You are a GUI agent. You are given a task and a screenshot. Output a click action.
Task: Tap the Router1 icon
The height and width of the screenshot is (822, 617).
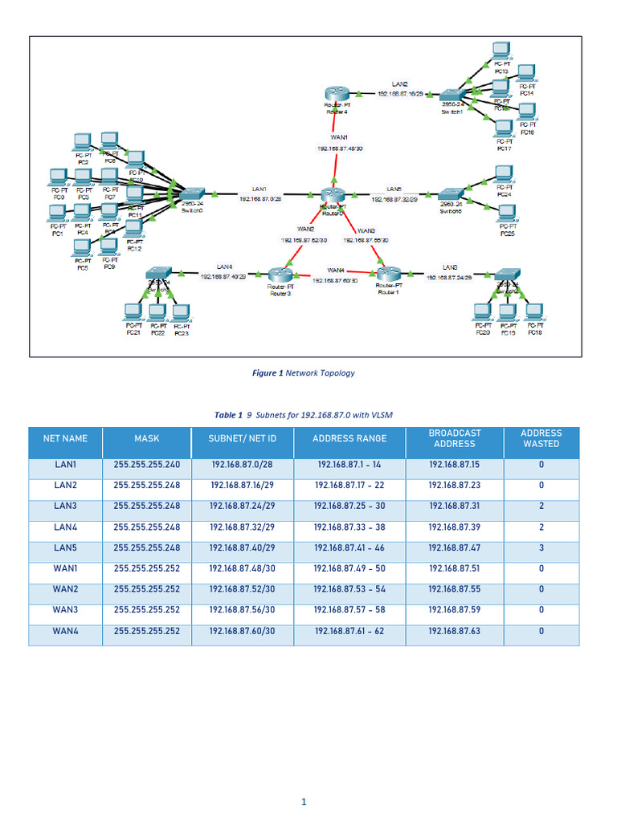pyautogui.click(x=388, y=275)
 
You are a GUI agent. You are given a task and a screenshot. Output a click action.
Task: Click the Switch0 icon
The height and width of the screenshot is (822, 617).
pyautogui.click(x=192, y=194)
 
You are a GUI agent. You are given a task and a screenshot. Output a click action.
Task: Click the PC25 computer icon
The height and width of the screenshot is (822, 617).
pyautogui.click(x=506, y=214)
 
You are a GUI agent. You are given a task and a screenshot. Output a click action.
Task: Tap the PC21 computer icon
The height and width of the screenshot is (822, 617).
pyautogui.click(x=133, y=311)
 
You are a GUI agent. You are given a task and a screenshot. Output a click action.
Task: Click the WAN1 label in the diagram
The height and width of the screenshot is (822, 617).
pyautogui.click(x=339, y=137)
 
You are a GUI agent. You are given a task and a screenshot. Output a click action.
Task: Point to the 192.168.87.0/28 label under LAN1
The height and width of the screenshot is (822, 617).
pyautogui.click(x=260, y=199)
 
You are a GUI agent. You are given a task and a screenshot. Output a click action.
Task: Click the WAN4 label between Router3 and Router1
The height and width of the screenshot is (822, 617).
pyautogui.click(x=336, y=270)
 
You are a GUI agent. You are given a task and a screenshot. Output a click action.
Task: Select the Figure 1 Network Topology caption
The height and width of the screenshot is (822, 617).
pyautogui.click(x=303, y=372)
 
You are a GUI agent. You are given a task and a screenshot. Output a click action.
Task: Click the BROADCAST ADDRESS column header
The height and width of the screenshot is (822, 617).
pyautogui.click(x=454, y=438)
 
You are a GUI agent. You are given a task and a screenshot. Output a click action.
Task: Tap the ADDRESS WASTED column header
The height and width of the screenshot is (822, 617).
pyautogui.click(x=541, y=438)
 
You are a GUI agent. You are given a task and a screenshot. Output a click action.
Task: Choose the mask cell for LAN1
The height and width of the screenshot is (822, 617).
pyautogui.click(x=147, y=465)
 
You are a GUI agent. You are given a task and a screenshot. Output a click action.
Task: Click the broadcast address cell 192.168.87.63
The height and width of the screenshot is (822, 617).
pyautogui.click(x=454, y=631)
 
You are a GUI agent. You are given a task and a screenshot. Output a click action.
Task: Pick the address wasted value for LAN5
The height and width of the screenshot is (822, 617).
pyautogui.click(x=541, y=547)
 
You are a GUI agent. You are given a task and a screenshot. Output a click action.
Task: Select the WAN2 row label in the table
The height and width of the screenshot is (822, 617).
pyautogui.click(x=65, y=589)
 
